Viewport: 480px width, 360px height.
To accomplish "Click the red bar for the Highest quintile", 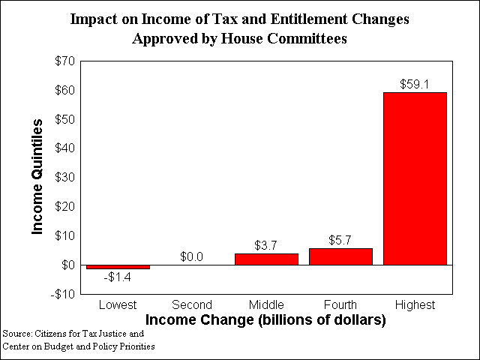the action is pos(415,178).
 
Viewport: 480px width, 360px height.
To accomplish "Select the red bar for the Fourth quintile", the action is pos(340,256).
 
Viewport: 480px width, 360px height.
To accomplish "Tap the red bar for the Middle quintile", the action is pos(266,259).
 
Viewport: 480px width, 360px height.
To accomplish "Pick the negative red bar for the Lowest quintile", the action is pos(118,267).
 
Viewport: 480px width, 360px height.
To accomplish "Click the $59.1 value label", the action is pos(415,84).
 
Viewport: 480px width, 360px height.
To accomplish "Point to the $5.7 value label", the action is pos(340,240).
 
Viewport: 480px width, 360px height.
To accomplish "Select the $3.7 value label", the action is pos(265,245).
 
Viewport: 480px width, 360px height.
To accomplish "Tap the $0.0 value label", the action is pos(191,256).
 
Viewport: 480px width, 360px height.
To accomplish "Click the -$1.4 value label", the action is pos(118,277).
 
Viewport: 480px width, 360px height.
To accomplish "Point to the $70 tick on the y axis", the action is pos(65,61).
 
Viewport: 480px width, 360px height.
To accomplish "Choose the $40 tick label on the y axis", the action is pos(65,148).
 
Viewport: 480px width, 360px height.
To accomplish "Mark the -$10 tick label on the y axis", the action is pos(63,294).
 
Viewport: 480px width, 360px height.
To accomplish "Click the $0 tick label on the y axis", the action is pos(68,265).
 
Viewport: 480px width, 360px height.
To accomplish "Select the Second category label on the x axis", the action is pos(192,305).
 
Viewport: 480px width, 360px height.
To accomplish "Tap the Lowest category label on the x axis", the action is pos(118,305).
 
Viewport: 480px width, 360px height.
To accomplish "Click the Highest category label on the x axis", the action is pos(415,305).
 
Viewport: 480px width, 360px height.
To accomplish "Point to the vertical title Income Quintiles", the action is pos(37,177).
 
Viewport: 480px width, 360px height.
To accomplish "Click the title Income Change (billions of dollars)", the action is pos(265,320).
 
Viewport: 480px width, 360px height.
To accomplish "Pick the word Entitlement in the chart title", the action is pos(309,19).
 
